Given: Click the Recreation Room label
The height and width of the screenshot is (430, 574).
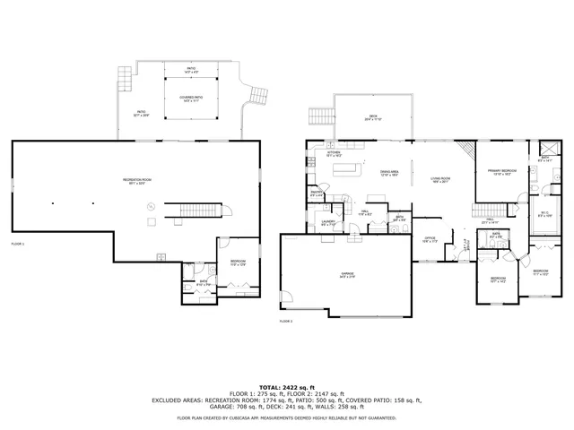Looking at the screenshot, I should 137,181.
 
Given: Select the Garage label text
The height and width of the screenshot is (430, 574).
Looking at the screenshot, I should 321,274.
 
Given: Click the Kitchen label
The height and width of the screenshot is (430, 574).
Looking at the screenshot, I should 334,153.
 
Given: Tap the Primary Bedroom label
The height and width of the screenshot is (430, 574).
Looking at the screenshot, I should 501,172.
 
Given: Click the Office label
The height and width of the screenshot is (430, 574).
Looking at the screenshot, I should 430,239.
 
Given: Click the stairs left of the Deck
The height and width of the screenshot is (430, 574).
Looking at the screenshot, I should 319,116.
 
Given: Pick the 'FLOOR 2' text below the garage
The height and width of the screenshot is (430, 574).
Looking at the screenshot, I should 286,320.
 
